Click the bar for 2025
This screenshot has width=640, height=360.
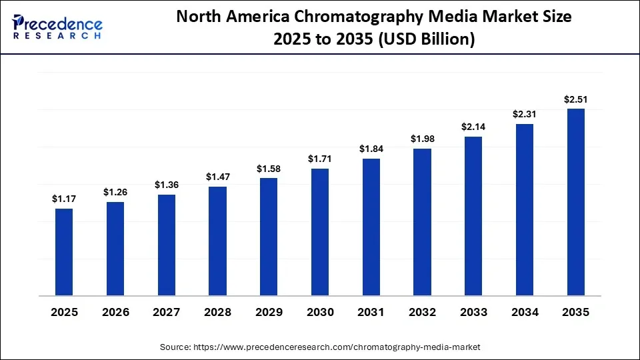(64, 251)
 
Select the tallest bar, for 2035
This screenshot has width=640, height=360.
(575, 201)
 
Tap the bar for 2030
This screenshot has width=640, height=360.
(319, 231)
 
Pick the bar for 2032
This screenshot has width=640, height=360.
(422, 221)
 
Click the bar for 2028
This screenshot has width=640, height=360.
(217, 240)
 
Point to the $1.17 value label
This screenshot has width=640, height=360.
(64, 199)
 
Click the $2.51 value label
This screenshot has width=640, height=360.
(575, 99)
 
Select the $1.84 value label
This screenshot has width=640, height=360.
(371, 149)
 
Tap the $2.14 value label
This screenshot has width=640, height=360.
(473, 127)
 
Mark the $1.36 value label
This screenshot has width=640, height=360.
(167, 185)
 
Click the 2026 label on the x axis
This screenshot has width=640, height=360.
(115, 312)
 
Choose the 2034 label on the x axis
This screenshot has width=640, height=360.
(525, 312)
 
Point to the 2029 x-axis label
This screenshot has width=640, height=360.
(269, 312)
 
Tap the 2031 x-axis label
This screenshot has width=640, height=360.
(371, 312)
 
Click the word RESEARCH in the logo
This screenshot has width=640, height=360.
(57, 35)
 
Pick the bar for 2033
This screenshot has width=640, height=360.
(473, 215)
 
